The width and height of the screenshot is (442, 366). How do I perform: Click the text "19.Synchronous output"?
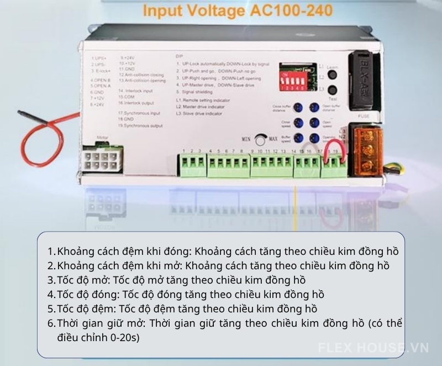click(140, 126)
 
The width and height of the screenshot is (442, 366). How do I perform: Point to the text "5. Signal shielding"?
click(197, 92)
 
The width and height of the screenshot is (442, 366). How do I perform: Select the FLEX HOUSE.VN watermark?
click(373, 348)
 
